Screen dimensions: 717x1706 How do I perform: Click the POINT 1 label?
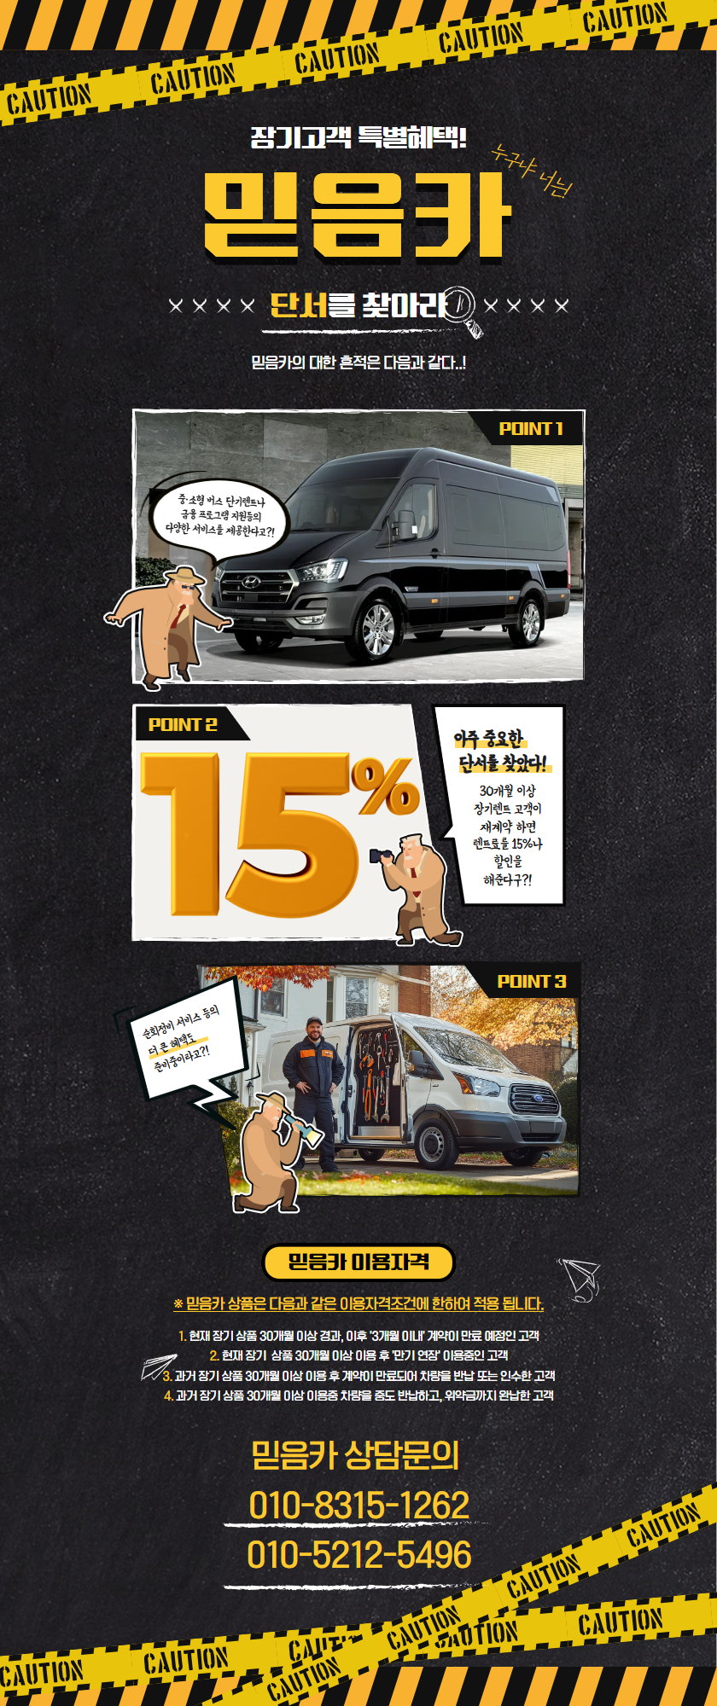[x=530, y=429]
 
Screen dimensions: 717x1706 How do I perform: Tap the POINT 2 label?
[x=183, y=725]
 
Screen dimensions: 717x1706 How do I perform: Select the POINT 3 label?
[x=531, y=982]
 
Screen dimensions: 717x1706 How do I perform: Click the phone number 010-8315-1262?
[x=358, y=1505]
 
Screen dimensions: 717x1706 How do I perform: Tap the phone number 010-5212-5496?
[x=358, y=1554]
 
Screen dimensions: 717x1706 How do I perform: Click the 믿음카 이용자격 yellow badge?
[x=358, y=1262]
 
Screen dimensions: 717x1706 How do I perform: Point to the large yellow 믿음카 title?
[x=358, y=215]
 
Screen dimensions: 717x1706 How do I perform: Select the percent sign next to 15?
[x=385, y=786]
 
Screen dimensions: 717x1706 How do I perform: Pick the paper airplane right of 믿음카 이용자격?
[x=580, y=1279]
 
